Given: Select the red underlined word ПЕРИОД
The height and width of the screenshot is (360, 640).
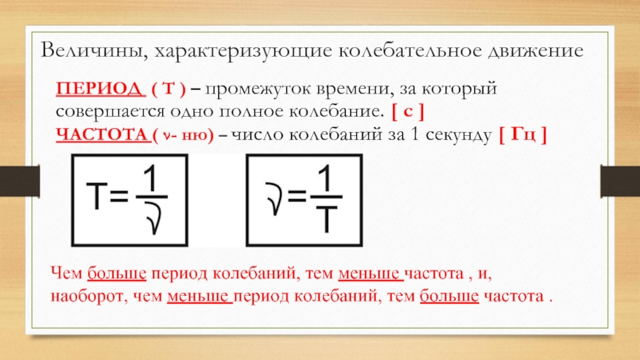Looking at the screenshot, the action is click(101, 89).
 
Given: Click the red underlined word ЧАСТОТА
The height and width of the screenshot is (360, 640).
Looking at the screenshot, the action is click(102, 134).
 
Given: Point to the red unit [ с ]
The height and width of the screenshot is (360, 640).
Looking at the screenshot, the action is click(408, 111).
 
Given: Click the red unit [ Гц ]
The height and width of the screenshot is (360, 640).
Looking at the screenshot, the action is click(522, 134).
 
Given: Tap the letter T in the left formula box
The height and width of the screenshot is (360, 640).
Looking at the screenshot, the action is click(97, 196).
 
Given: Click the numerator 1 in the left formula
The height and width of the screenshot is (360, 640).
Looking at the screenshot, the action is click(150, 178).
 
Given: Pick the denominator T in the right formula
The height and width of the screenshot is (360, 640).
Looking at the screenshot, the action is click(326, 219).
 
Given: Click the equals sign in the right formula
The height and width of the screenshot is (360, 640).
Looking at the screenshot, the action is click(297, 196).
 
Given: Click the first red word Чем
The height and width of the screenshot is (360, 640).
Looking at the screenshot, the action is click(66, 274).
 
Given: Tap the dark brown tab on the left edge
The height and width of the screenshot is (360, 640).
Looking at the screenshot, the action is click(19, 181).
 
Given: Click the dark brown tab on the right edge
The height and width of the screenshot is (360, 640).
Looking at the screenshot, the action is click(620, 181).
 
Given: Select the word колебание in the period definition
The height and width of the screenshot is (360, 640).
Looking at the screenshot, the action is click(336, 112).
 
